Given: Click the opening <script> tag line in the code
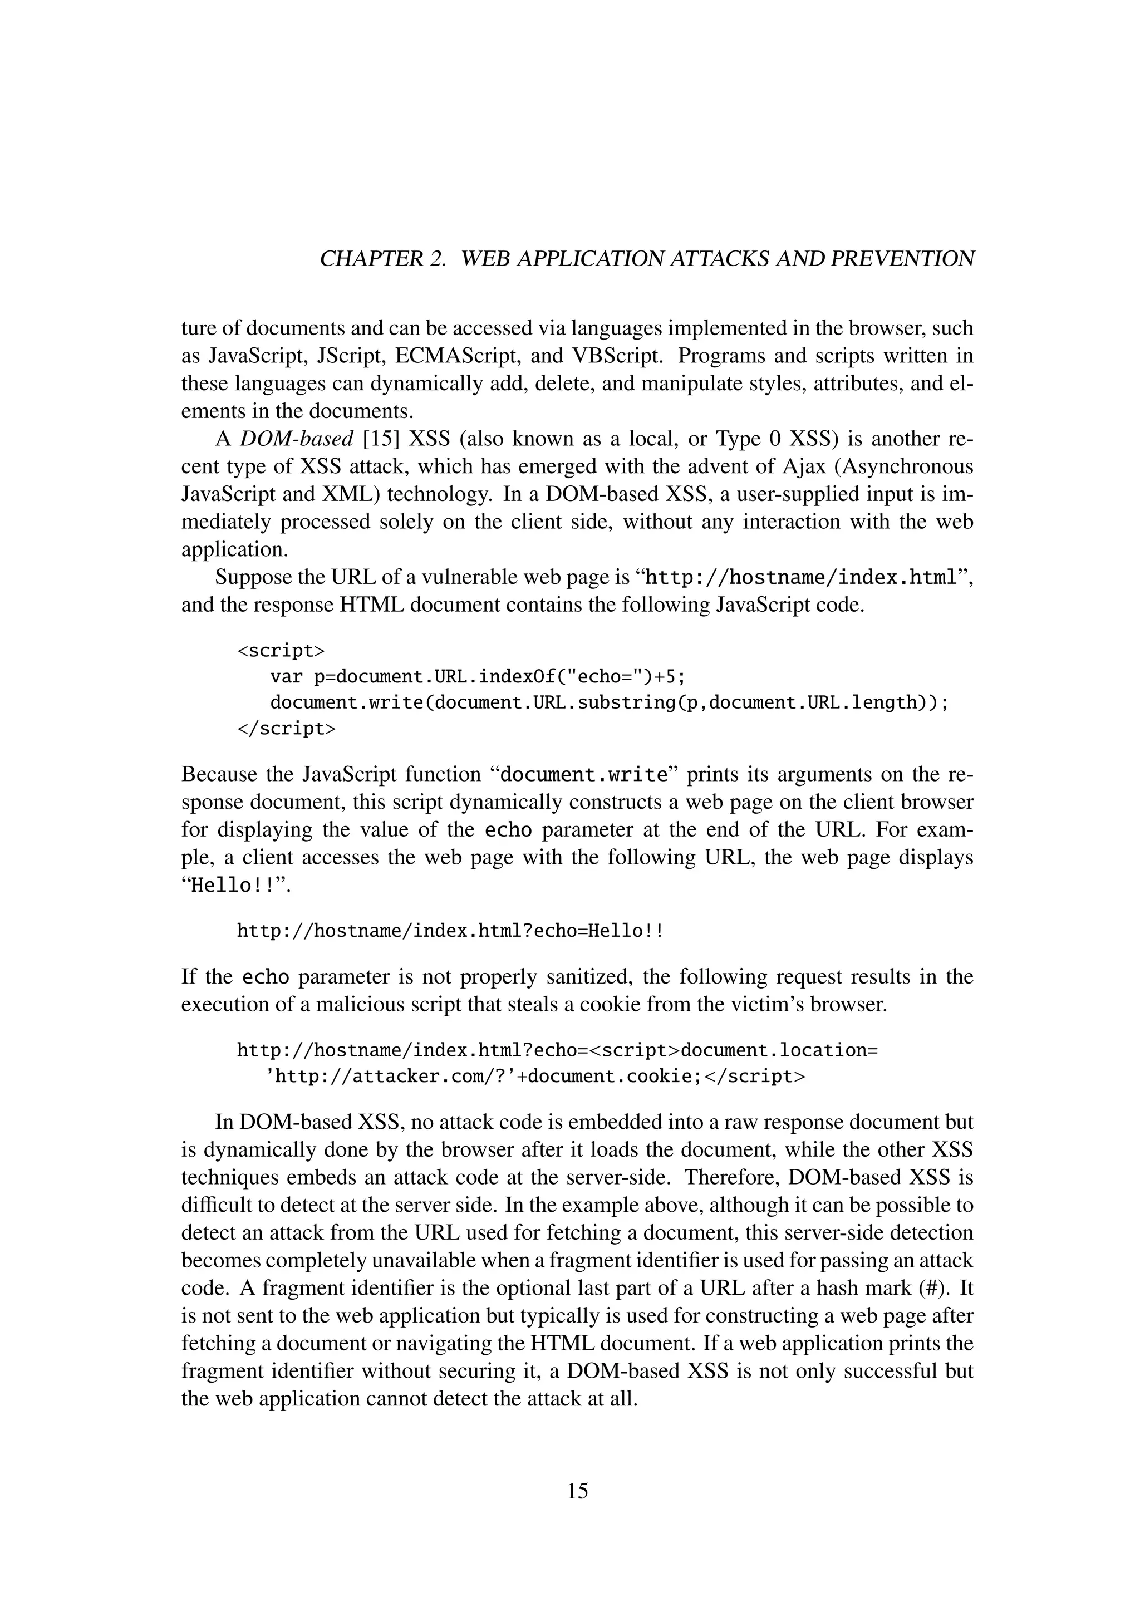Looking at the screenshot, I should tap(281, 651).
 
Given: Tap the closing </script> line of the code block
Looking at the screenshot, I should tap(287, 728).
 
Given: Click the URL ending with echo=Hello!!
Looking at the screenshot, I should tap(450, 931).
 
